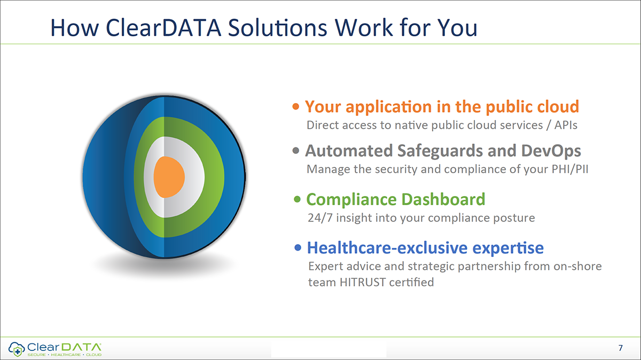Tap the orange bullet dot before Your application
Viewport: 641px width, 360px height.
[296, 107]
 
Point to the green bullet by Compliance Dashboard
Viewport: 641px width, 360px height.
[298, 200]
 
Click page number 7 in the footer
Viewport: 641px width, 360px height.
[620, 348]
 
